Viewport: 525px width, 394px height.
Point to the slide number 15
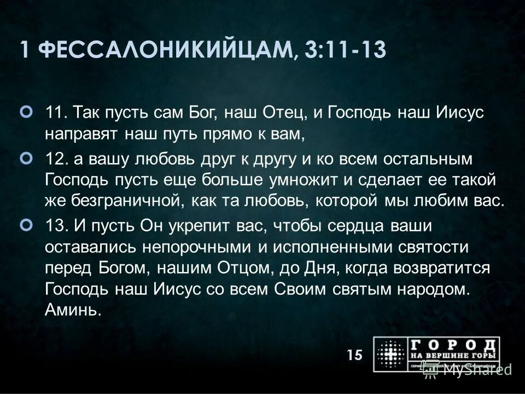click(x=354, y=355)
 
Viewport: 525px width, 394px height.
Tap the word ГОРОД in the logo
click(x=455, y=345)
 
